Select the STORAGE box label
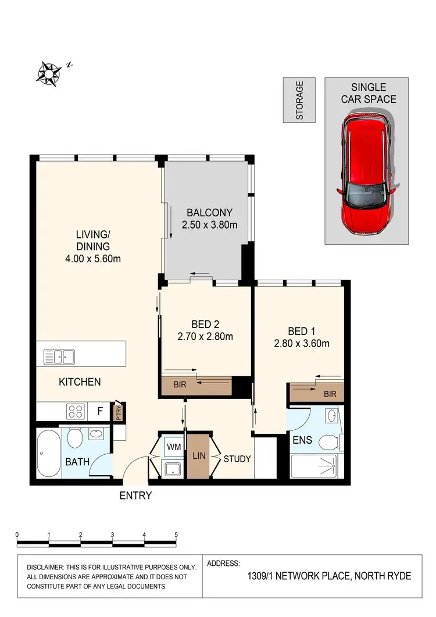(299, 100)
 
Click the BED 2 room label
(205, 324)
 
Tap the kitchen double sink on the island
(59, 355)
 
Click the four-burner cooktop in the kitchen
(76, 412)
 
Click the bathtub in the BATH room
(45, 454)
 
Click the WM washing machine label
(173, 446)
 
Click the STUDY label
(237, 459)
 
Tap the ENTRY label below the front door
(135, 495)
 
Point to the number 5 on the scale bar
(176, 534)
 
